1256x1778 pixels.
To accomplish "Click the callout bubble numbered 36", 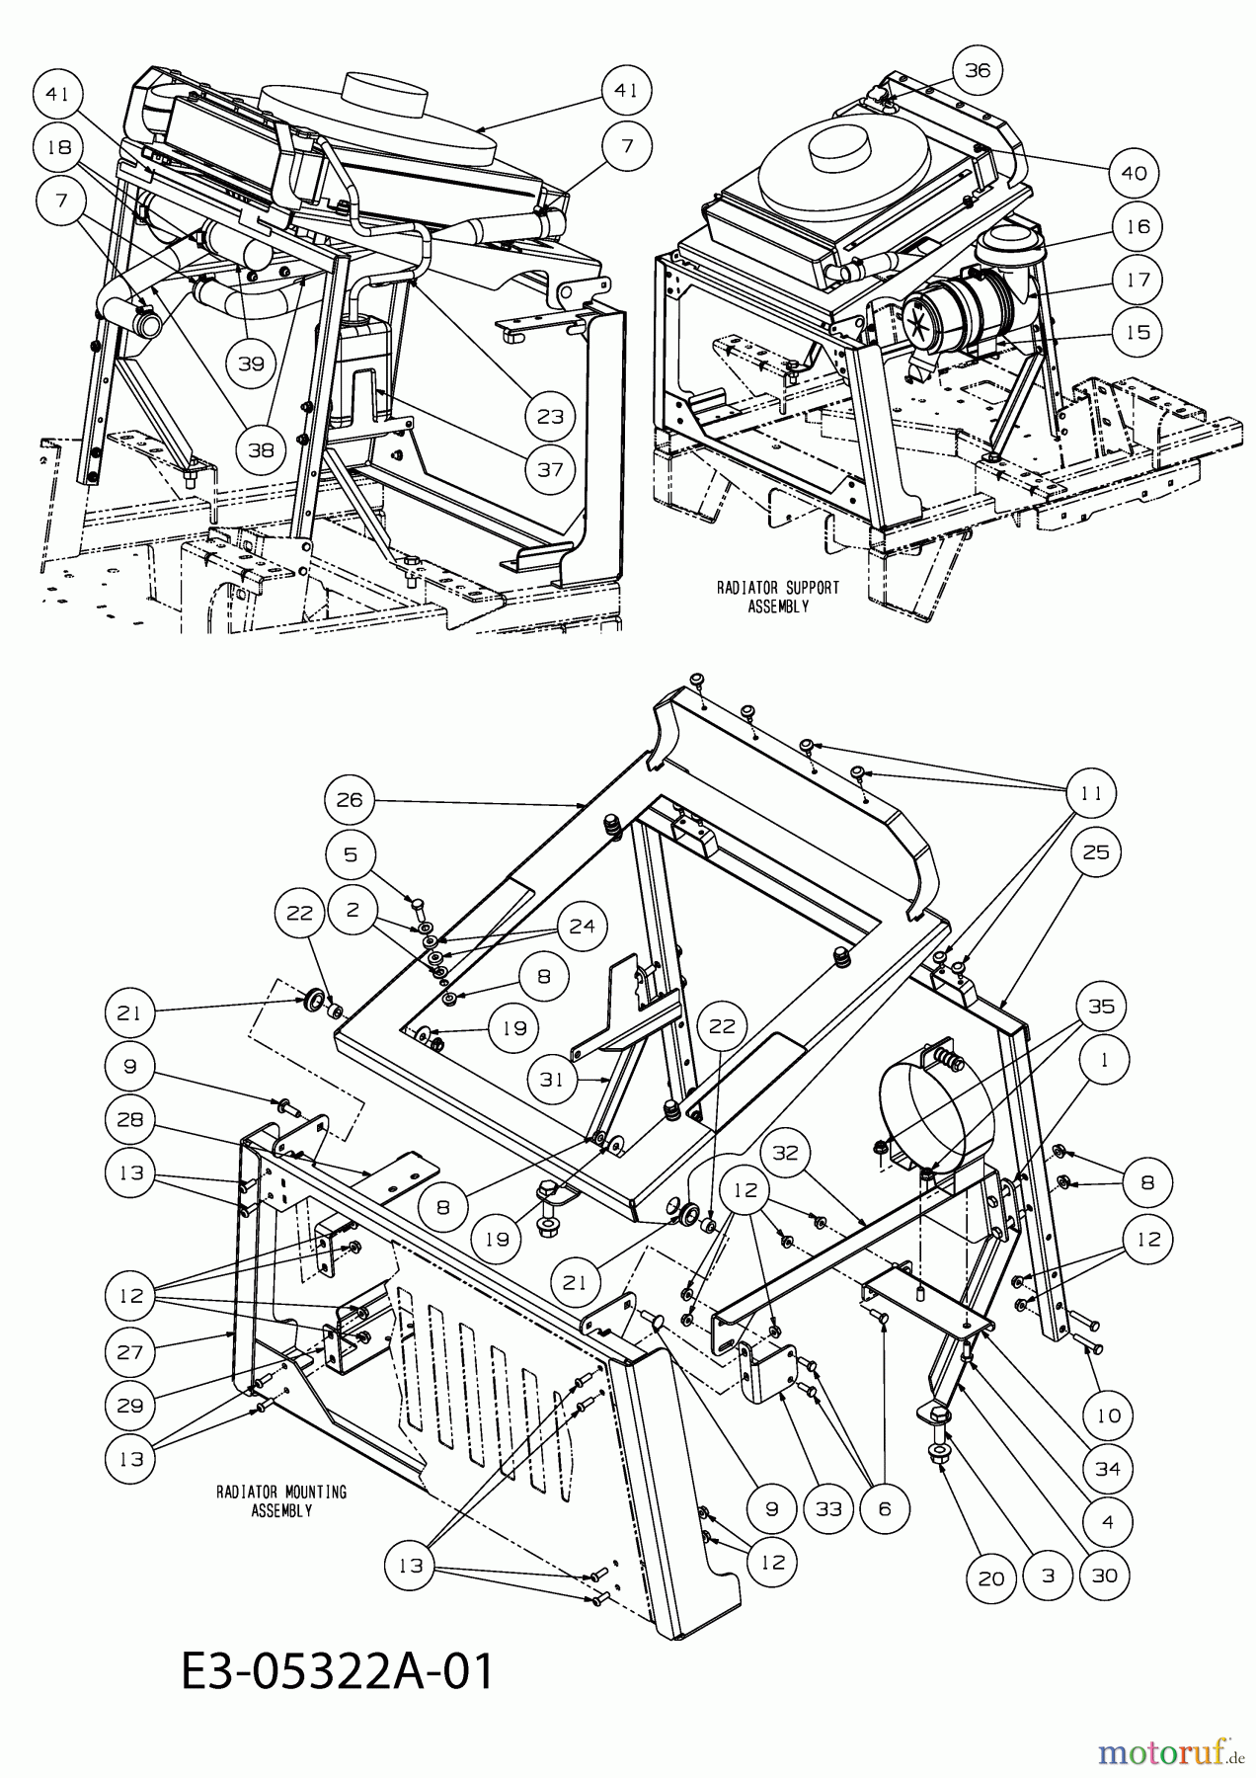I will (x=976, y=70).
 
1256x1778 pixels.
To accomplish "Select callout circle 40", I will (x=1134, y=173).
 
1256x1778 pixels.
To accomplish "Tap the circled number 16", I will (x=1138, y=226).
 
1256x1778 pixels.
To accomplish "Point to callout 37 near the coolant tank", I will (x=551, y=469).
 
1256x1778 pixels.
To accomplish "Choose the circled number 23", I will (x=551, y=416).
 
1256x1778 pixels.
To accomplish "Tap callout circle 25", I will (x=1096, y=851).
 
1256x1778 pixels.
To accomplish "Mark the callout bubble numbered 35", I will (x=1101, y=1006).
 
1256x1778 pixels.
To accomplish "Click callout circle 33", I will (x=828, y=1508).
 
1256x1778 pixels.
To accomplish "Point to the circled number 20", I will (x=990, y=1577).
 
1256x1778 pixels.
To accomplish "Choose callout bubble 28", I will (x=130, y=1119).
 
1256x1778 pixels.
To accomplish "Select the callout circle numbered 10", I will (x=1108, y=1415).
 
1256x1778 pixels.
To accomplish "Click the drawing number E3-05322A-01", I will (x=337, y=1674).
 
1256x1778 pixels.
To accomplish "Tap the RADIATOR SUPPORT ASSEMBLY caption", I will (x=777, y=597).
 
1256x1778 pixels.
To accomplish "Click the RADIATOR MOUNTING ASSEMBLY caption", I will (x=281, y=1500).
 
